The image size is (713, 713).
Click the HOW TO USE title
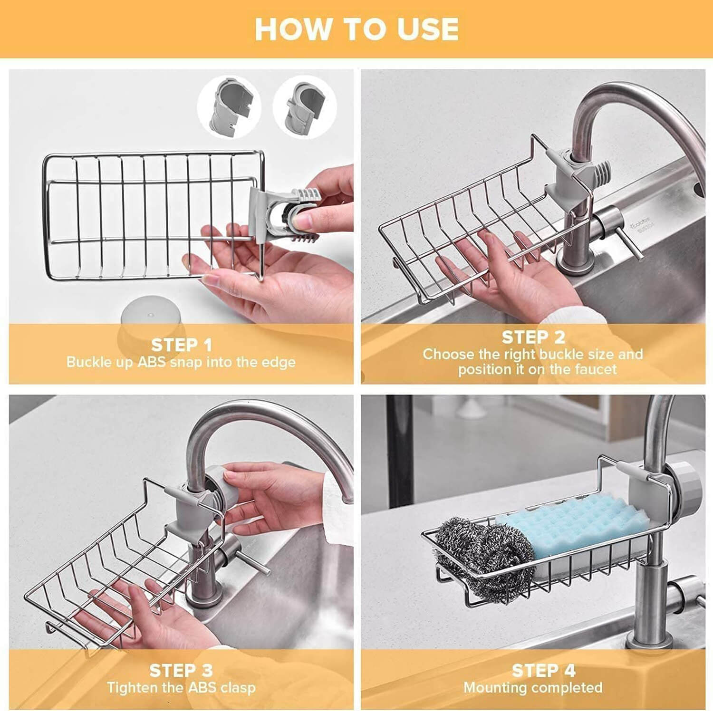(356, 29)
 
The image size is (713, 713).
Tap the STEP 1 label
(181, 345)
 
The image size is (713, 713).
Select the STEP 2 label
(533, 337)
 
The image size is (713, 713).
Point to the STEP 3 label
(181, 670)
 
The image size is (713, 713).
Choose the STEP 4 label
(543, 670)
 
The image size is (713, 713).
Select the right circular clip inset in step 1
(305, 106)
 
